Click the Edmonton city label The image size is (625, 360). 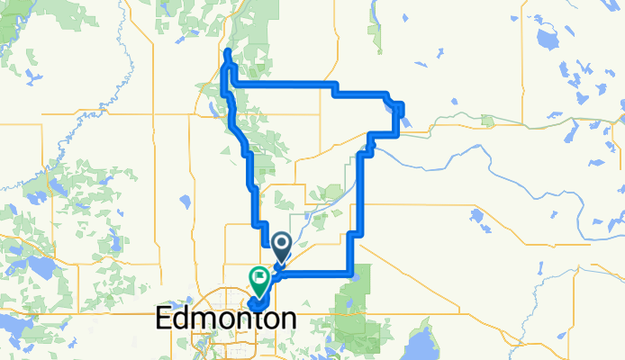point(226,318)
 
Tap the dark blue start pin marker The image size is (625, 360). point(280,246)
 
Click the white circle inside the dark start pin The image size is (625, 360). point(280,242)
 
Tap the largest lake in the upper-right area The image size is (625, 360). point(547,40)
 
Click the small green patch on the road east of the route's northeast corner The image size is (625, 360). point(487,120)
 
